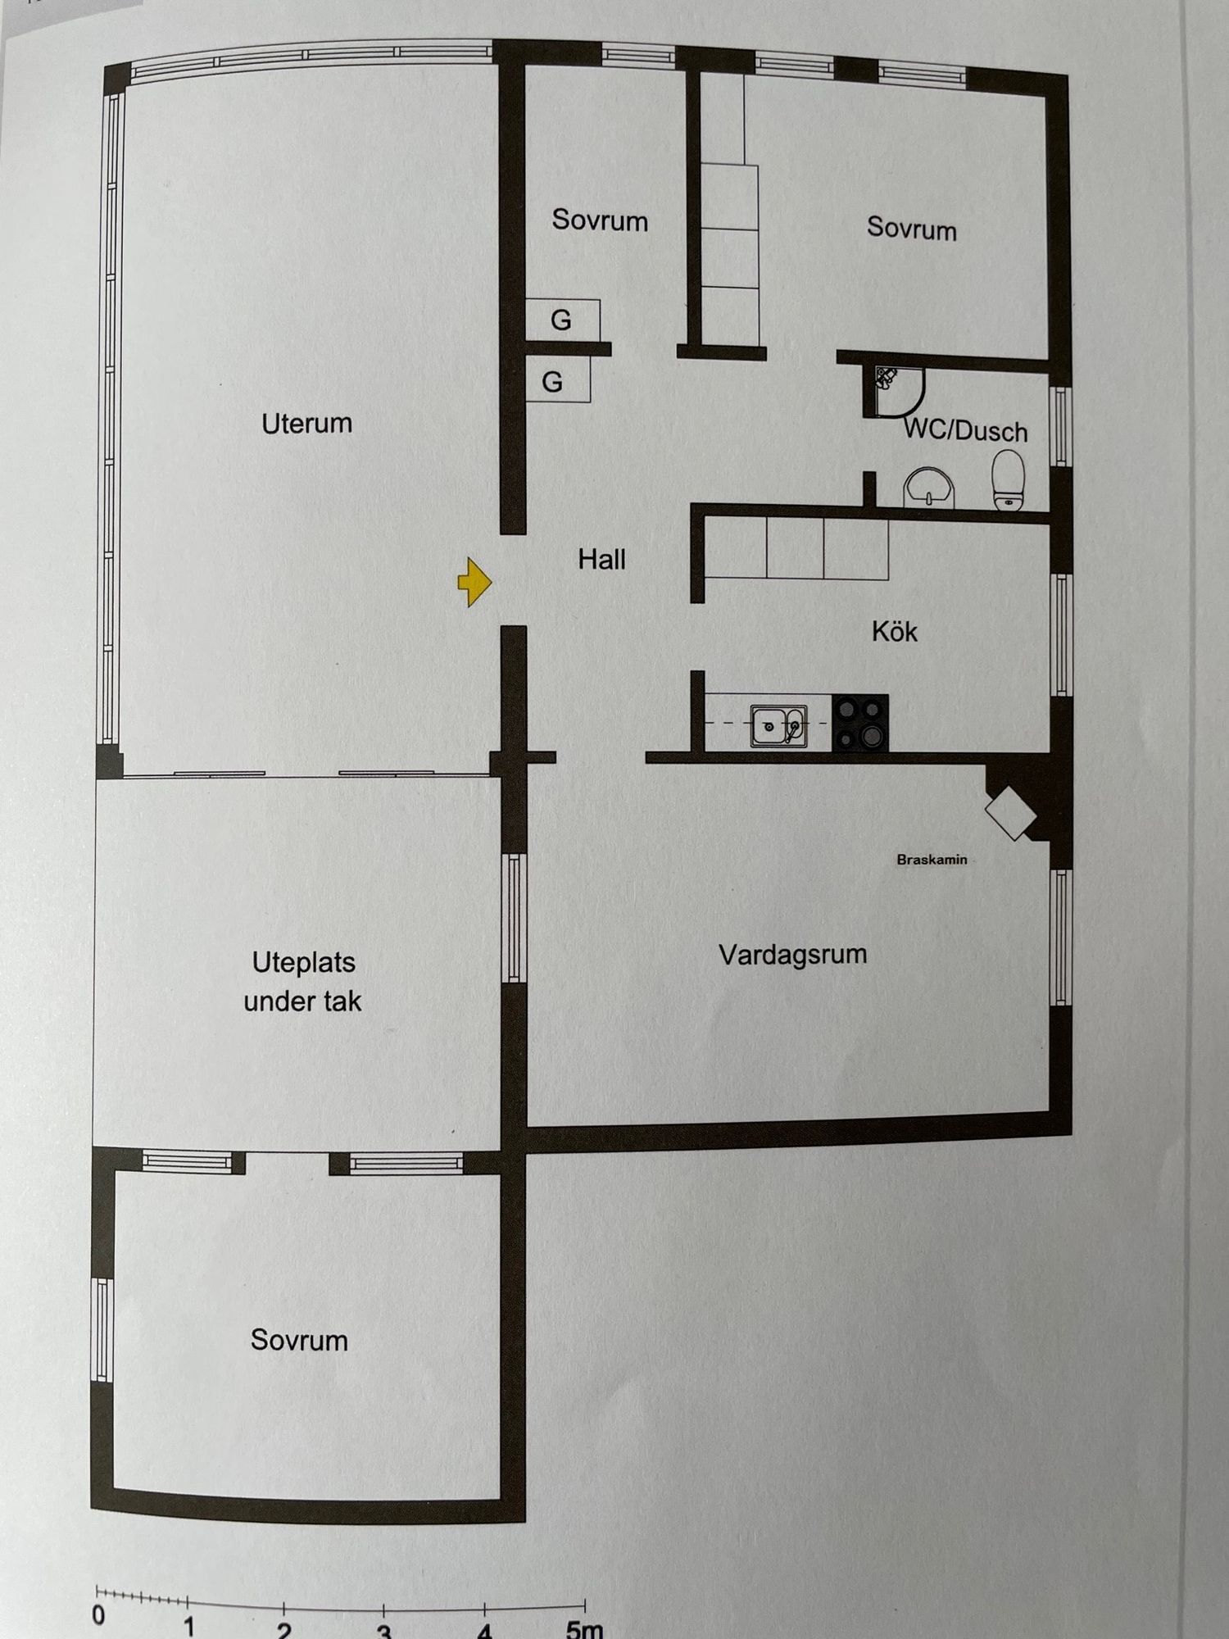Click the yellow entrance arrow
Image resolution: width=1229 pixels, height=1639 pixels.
coord(474,582)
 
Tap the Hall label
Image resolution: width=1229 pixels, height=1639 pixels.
coord(601,560)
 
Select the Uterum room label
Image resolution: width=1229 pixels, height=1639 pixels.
coord(306,424)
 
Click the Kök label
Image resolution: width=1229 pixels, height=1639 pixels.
coord(894,631)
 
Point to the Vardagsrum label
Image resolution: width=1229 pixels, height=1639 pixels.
coord(792,955)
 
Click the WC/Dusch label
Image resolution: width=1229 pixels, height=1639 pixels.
coord(965,430)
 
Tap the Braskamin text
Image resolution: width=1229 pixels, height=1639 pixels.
coord(932,860)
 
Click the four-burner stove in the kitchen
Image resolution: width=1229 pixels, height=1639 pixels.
coord(860,723)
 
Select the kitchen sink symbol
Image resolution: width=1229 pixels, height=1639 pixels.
coord(778,726)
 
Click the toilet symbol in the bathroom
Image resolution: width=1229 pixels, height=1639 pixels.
coord(1009,479)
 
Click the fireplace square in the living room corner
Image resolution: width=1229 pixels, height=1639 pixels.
coord(1010,813)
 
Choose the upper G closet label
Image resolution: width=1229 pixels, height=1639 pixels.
coord(561,320)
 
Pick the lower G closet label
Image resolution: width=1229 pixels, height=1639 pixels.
coord(552,382)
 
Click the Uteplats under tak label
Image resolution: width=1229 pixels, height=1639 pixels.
coord(302,981)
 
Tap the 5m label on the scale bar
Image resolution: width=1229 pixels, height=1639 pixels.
coord(583,1628)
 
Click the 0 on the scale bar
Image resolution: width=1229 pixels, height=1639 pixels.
coord(99,1615)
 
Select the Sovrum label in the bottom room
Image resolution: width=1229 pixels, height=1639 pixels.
coord(299,1340)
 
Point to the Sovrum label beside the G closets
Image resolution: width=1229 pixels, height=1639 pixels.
coord(600,220)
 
